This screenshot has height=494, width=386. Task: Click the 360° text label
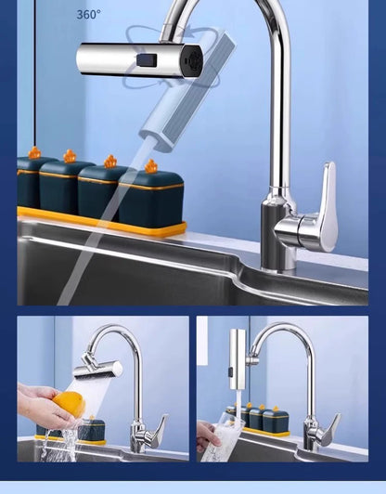(89, 15)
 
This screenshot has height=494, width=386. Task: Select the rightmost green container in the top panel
(151, 198)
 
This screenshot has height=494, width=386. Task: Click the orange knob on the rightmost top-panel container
(150, 166)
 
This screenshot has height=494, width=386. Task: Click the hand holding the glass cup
(207, 434)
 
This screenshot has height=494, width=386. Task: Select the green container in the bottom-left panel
(90, 429)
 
